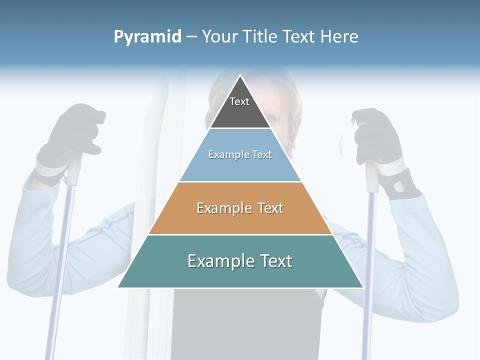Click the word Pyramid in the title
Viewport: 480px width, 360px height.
click(147, 36)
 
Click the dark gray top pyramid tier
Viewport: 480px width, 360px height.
click(240, 112)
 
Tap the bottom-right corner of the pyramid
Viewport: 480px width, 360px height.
click(362, 287)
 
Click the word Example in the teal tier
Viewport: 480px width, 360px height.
click(220, 261)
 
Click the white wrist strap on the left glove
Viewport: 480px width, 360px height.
click(50, 167)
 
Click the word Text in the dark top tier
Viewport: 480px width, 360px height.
click(239, 101)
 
